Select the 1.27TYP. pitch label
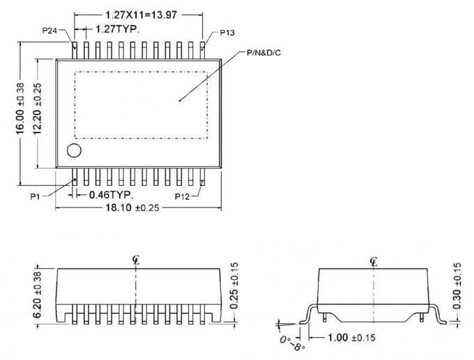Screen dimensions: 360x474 coord(116,29)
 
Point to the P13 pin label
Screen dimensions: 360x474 coord(227,33)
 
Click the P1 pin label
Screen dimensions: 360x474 coord(36,196)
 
